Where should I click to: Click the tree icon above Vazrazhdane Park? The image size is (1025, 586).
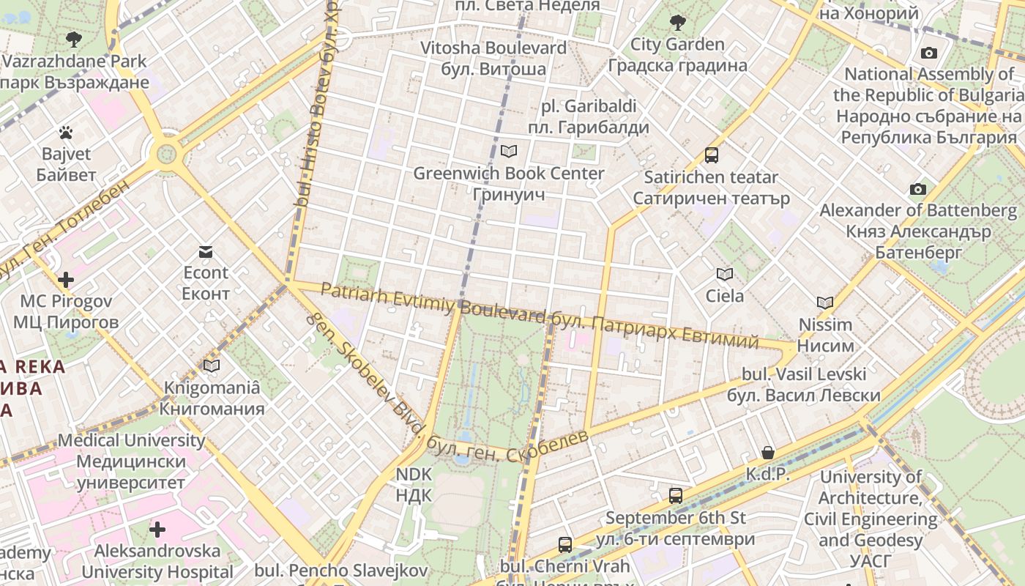73,39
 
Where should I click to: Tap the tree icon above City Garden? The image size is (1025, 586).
677,23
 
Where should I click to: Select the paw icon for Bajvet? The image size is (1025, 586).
66,133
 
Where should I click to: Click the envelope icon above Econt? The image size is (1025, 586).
206,252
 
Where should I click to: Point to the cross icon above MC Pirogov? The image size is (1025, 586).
66,280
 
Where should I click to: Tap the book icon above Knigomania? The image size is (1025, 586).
212,366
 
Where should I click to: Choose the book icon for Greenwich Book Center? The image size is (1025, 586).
508,152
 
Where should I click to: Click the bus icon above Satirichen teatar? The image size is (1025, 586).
711,155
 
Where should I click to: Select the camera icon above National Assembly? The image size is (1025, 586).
929,53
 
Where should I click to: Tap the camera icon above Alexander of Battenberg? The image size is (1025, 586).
917,190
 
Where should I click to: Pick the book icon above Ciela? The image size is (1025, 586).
724,275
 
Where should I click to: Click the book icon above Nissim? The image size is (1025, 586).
825,303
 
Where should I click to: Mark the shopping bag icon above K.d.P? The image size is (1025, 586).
767,453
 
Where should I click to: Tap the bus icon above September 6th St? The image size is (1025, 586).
675,496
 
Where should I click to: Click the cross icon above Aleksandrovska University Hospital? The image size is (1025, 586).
157,530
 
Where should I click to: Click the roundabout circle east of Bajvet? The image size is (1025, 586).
167,154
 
